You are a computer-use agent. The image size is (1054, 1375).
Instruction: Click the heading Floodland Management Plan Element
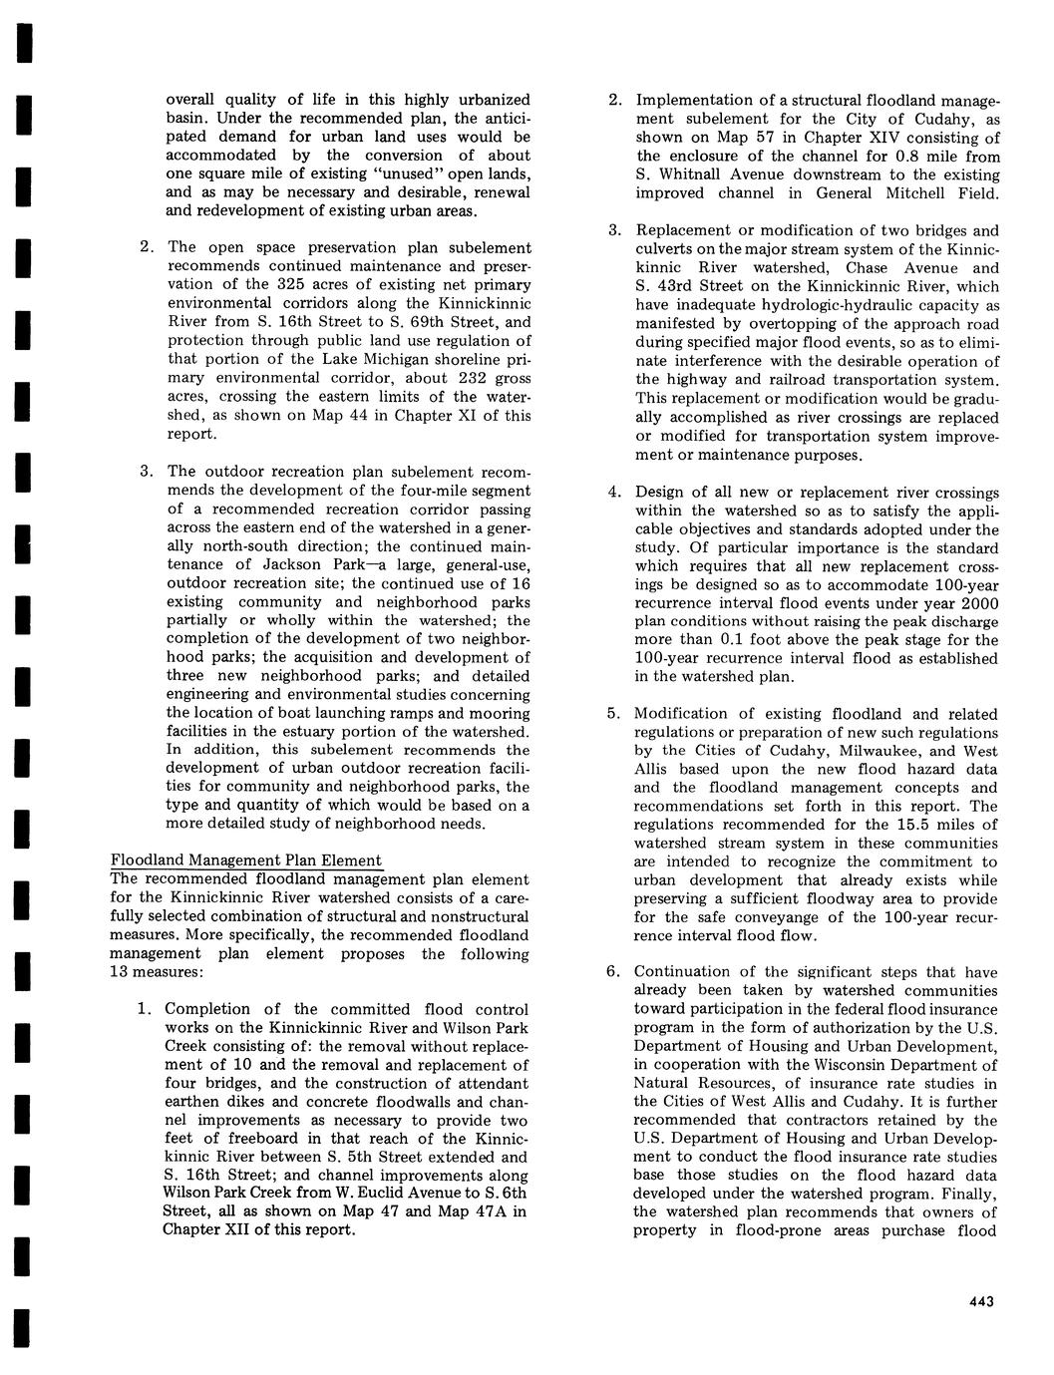[x=245, y=860]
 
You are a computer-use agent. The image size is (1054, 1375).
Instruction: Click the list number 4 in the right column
[x=614, y=493]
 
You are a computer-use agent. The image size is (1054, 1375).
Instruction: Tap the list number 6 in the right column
[x=614, y=972]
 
